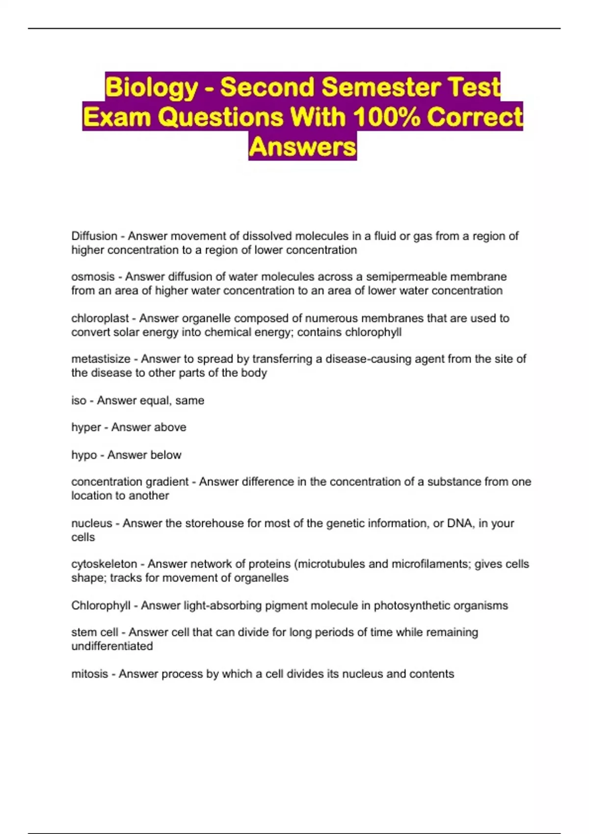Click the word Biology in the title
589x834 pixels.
coord(151,87)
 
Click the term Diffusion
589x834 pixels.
coord(94,236)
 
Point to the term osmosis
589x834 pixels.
coord(93,277)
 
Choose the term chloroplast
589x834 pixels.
coord(100,318)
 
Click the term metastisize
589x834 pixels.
coord(101,359)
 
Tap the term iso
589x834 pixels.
coord(79,400)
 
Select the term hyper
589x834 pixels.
coord(86,427)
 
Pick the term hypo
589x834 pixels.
coord(84,455)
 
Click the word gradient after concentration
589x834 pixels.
coord(165,482)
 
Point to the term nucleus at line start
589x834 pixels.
coord(92,523)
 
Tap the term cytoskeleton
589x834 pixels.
coord(104,564)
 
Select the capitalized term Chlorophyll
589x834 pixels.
coord(101,605)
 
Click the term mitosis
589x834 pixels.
coord(89,674)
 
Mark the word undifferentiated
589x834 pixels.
coord(112,646)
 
